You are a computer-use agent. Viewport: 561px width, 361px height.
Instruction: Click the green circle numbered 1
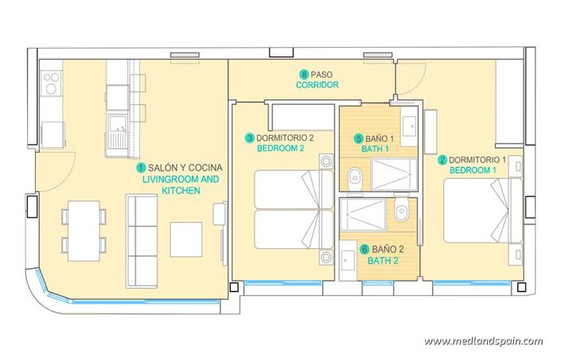point(141,168)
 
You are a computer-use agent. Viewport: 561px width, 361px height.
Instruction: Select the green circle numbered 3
point(249,138)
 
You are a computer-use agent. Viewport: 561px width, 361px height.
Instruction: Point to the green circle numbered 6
point(364,249)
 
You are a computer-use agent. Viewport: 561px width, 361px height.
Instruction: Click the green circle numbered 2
point(442,159)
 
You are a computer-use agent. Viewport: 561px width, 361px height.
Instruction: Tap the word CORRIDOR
point(318,84)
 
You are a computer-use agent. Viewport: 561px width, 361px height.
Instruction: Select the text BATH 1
point(376,148)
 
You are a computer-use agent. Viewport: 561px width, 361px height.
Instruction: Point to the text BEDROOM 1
point(473,170)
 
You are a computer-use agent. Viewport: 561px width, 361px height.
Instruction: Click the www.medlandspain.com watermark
point(483,341)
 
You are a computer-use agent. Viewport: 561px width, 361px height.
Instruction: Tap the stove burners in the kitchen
point(52,80)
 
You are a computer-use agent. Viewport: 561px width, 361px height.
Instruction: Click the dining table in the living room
point(84,230)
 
